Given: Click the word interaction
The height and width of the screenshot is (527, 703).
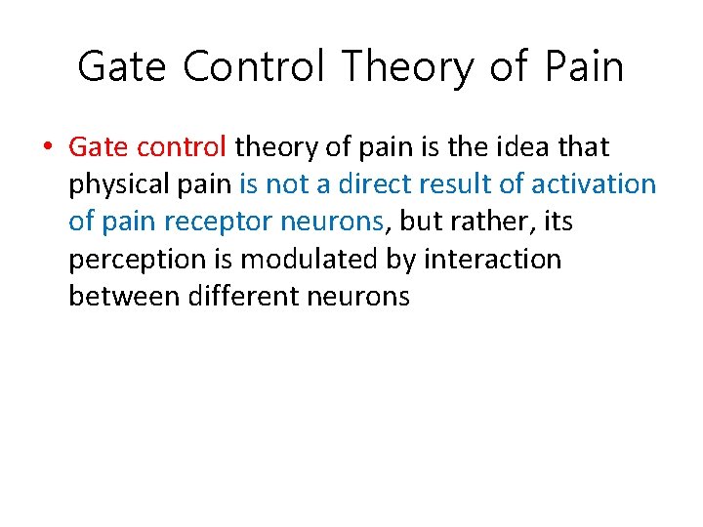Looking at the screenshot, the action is click(492, 259).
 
